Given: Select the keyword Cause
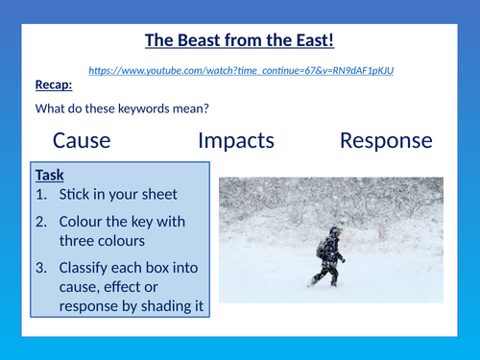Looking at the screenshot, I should (x=82, y=140).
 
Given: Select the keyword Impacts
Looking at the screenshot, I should (x=235, y=140).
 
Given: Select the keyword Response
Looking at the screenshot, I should (x=386, y=140).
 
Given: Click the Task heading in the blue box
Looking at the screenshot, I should (x=50, y=176).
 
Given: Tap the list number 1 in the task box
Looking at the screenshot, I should (x=41, y=194).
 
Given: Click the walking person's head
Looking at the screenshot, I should (x=333, y=232).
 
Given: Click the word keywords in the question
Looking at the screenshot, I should (x=149, y=108).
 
